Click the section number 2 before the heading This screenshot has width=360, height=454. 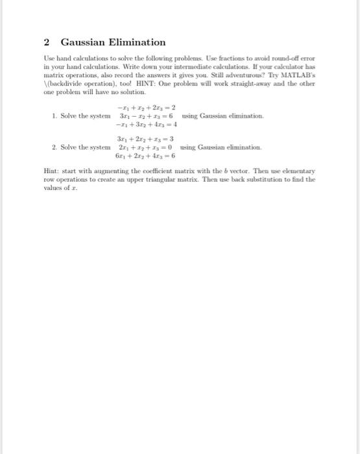pyautogui.click(x=47, y=42)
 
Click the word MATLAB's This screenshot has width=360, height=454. pyautogui.click(x=299, y=75)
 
